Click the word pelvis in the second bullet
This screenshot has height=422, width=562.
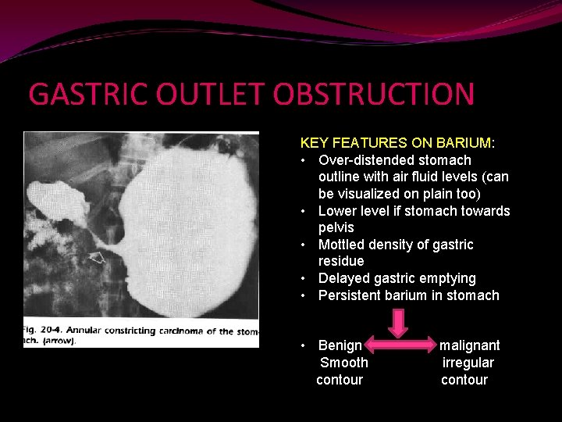coord(336,227)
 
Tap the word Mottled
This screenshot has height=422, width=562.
coord(342,245)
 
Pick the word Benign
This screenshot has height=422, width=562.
coord(340,345)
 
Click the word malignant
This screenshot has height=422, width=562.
coord(469,345)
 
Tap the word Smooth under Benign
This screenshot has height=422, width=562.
coord(344,363)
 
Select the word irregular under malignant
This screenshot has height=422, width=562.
coord(468,363)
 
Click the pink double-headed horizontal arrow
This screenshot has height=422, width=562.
coord(400,345)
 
